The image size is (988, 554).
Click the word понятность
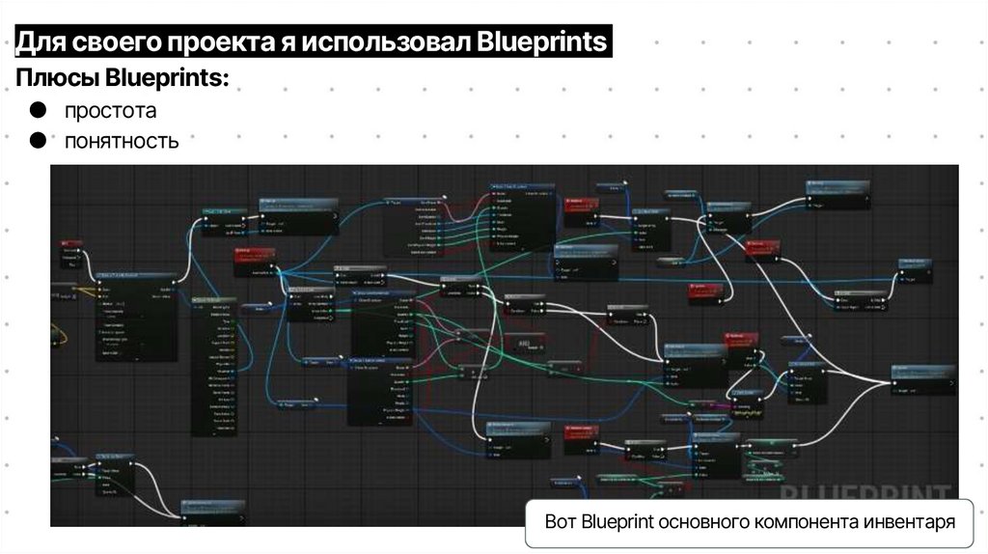pos(122,142)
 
